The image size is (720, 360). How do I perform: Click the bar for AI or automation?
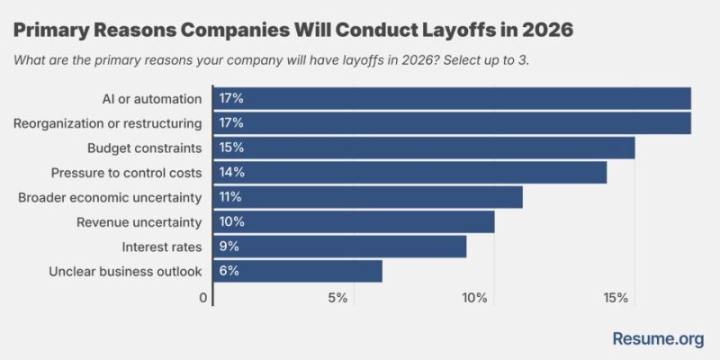452,97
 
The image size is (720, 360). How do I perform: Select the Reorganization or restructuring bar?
452,122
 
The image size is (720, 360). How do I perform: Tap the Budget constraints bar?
424,147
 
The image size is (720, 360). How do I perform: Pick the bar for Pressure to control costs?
409,172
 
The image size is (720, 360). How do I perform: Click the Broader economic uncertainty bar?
367,196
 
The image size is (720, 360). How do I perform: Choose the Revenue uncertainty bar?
354,221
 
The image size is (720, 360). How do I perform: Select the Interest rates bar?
339,246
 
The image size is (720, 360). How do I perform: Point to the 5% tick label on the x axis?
337,298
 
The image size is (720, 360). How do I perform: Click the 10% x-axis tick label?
475,298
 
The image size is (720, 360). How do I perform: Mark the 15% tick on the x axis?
616,298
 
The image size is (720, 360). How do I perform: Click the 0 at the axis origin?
204,298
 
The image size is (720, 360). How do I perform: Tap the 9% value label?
229,246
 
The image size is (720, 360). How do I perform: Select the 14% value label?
231,172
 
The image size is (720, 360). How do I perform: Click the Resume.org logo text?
658,338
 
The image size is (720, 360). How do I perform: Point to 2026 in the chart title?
541,30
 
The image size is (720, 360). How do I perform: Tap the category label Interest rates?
163,246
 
